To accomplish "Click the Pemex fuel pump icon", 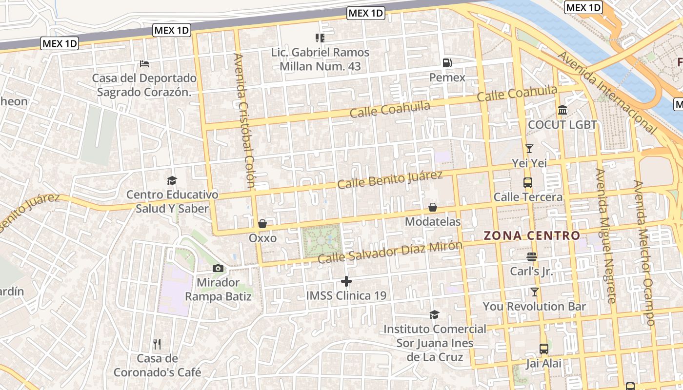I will (x=447, y=63).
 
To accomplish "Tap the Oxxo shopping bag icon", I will (x=262, y=224).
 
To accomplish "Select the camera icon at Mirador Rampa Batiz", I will (x=218, y=268).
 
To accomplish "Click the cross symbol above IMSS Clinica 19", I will (x=346, y=281).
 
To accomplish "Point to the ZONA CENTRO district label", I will (x=532, y=236).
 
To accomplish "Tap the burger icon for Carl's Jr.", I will (x=532, y=256).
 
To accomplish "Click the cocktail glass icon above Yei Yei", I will (x=529, y=148).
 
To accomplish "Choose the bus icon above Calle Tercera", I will (x=528, y=183).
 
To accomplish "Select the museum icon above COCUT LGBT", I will (x=562, y=110).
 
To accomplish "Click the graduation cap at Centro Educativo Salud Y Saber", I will (x=172, y=180).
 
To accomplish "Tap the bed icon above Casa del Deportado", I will (x=144, y=63).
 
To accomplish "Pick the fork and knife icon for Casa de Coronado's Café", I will (x=157, y=344).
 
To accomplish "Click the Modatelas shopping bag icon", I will (x=433, y=207).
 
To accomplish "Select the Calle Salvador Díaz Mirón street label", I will (x=389, y=252).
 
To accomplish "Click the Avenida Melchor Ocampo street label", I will (x=644, y=253).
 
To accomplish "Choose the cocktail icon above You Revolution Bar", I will (x=535, y=292).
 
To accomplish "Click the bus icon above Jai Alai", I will (x=544, y=349).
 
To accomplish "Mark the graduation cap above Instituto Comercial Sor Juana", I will (x=434, y=314).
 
